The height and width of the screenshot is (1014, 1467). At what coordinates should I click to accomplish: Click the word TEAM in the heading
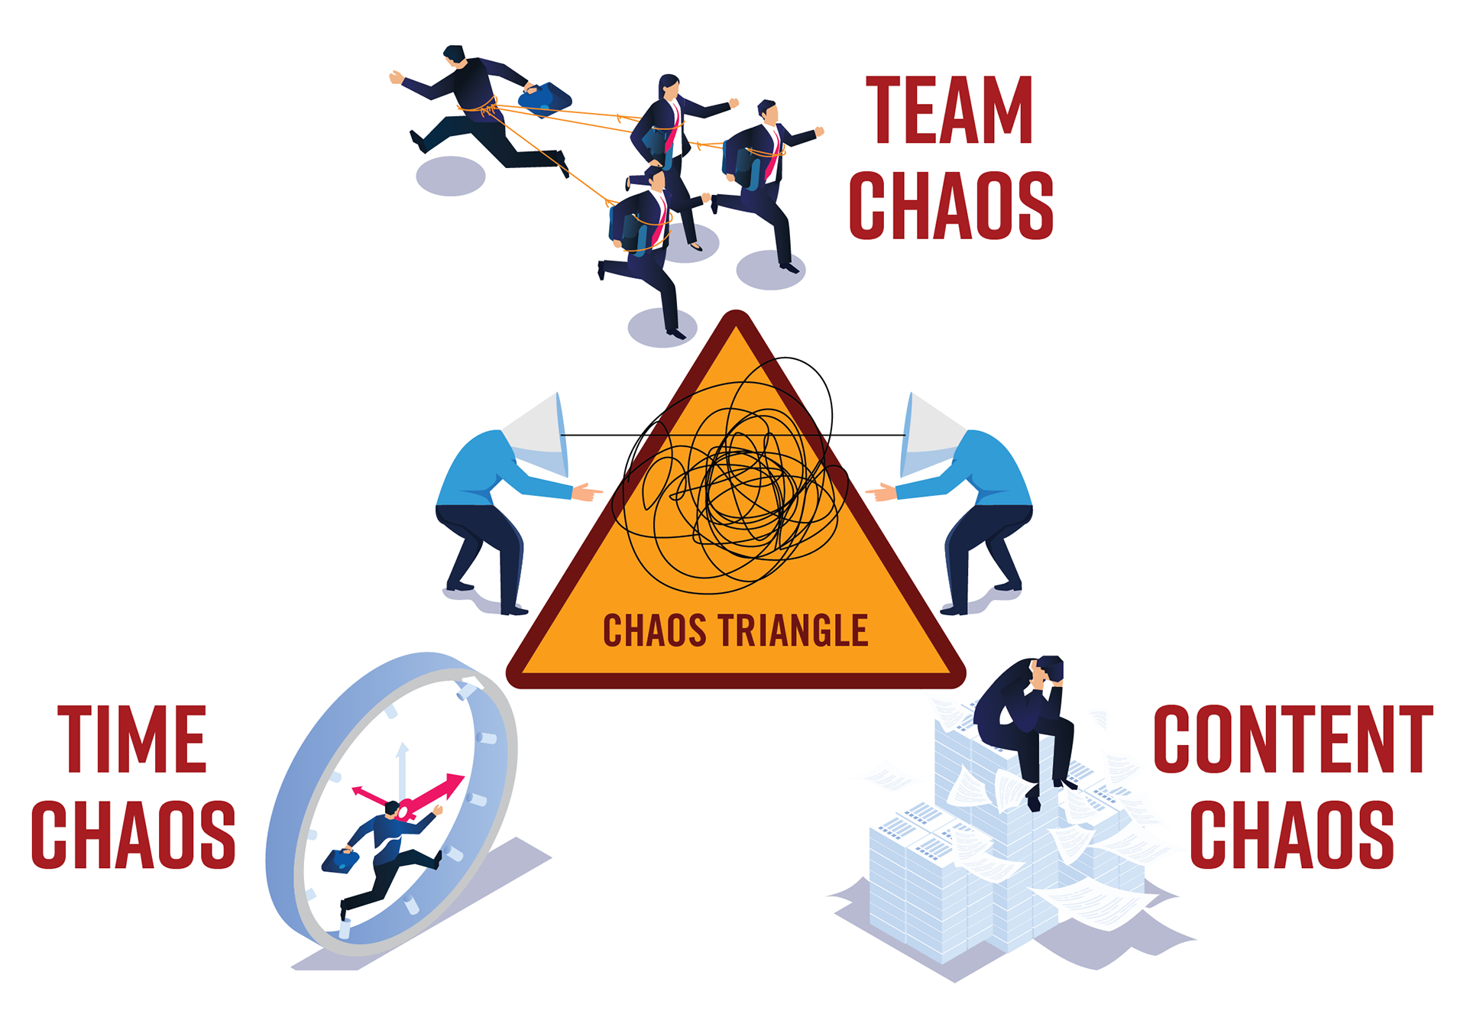tap(949, 111)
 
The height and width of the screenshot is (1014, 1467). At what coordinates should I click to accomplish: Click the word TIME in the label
tap(132, 739)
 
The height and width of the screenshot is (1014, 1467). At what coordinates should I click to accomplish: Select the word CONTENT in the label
tap(1292, 739)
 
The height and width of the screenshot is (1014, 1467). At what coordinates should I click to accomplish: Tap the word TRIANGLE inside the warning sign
tap(793, 630)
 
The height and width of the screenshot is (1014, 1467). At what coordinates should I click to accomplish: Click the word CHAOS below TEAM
tap(951, 205)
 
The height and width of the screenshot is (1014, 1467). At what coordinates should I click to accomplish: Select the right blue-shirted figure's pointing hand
tap(881, 492)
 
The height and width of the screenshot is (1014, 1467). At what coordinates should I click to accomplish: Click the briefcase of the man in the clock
tap(338, 860)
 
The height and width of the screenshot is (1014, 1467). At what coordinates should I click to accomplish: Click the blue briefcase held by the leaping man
tap(543, 96)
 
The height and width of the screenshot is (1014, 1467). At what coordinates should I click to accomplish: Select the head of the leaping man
tap(454, 55)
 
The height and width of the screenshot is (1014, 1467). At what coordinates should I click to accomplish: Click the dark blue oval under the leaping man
tap(451, 176)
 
